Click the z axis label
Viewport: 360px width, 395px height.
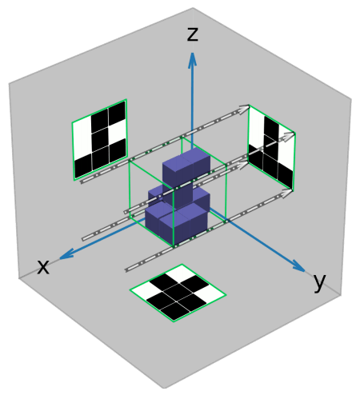click(x=193, y=34)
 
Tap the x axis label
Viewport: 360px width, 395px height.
click(x=43, y=267)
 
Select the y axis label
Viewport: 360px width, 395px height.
click(x=319, y=282)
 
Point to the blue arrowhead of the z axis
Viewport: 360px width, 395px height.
click(x=192, y=59)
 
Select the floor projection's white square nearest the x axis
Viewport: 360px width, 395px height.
click(x=144, y=290)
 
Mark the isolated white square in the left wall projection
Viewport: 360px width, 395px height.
click(x=118, y=131)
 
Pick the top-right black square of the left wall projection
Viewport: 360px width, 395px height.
click(x=117, y=113)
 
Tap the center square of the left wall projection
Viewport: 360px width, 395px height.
click(x=100, y=140)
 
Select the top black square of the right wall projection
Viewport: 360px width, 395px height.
click(x=271, y=128)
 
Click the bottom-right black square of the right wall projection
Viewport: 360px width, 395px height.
click(x=285, y=175)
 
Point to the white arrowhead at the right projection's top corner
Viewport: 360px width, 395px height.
click(x=244, y=110)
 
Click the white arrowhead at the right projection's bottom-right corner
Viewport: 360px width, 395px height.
click(x=286, y=193)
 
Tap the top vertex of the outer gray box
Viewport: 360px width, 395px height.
click(x=193, y=8)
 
